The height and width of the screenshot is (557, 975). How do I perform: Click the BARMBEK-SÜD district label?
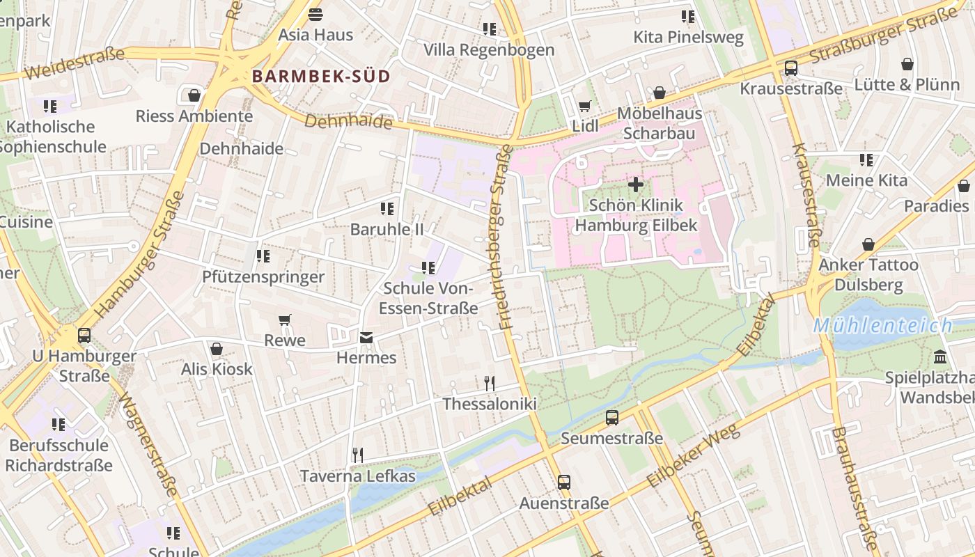321,77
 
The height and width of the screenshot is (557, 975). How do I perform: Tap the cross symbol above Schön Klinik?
635,185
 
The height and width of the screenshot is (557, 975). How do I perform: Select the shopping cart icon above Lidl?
584,107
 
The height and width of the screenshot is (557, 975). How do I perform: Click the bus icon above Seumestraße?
611,418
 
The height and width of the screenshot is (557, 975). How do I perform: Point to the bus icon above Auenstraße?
563,482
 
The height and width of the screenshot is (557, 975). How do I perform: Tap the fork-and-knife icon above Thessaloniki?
490,383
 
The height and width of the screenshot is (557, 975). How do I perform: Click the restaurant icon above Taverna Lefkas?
357,455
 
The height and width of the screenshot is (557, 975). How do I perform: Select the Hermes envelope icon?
366,338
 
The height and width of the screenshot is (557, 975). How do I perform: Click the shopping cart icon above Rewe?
284,320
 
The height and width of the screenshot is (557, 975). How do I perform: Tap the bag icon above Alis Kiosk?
216,349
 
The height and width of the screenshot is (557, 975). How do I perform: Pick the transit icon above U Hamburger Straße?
84,336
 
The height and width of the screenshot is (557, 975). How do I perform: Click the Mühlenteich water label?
882,325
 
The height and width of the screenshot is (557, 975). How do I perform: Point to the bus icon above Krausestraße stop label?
790,68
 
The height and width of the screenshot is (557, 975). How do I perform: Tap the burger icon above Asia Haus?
315,15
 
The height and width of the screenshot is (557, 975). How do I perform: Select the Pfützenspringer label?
263,277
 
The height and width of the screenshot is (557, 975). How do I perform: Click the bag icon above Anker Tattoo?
868,244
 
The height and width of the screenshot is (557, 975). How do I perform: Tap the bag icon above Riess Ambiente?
194,95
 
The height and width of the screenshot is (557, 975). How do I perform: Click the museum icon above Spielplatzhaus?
940,357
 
